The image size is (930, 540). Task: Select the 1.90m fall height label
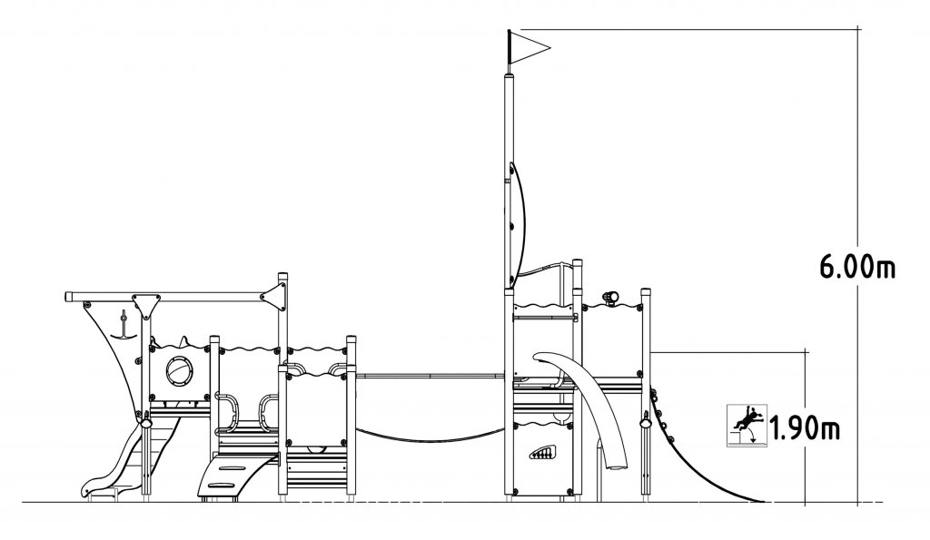(805, 428)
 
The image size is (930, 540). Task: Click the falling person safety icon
(747, 425)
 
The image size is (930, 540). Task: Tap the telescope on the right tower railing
(611, 297)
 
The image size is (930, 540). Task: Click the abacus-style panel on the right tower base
(542, 454)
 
